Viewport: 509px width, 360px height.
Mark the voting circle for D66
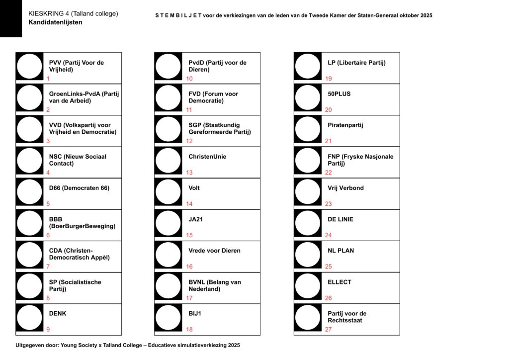29,192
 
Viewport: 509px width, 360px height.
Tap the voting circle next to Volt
168,192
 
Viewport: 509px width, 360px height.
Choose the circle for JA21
168,224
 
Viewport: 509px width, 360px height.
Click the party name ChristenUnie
207,157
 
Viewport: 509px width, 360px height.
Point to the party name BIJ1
195,314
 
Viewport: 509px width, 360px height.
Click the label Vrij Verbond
345,188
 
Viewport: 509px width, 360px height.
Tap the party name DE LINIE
340,219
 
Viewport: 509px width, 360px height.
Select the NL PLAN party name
340,251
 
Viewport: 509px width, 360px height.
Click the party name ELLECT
339,282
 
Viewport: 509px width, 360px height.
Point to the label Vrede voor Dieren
214,251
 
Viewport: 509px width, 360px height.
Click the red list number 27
329,329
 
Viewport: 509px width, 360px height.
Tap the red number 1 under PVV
48,79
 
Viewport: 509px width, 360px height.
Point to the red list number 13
189,173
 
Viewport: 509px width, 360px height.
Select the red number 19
329,79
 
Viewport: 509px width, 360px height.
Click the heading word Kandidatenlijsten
55,22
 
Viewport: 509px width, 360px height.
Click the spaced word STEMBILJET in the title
178,15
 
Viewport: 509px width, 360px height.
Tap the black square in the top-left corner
11,18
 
